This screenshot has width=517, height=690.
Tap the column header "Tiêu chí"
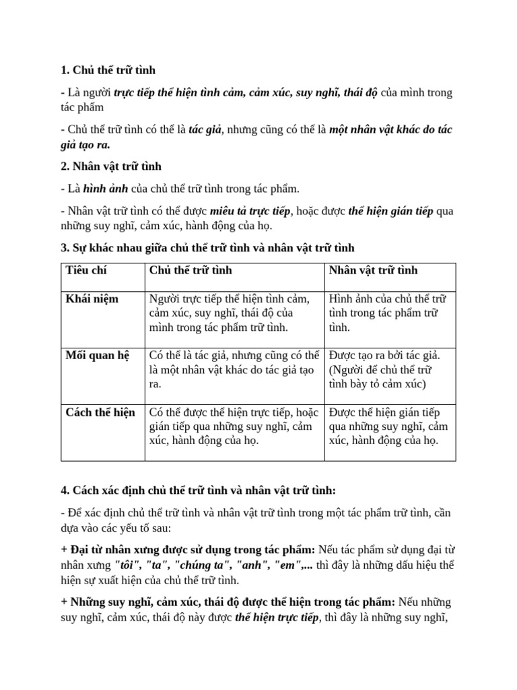86,270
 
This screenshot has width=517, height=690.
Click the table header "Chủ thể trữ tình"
191,270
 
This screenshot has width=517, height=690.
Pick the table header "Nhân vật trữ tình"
373,270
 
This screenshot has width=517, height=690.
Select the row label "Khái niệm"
92,299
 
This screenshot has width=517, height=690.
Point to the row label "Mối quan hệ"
97,355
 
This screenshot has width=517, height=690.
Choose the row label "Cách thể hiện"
100,412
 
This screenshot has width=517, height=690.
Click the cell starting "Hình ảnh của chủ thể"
387,313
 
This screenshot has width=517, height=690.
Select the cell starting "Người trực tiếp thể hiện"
229,313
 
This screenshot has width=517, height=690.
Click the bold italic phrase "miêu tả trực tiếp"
250,211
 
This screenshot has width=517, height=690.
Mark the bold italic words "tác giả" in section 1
205,130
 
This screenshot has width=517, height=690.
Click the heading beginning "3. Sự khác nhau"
207,248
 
